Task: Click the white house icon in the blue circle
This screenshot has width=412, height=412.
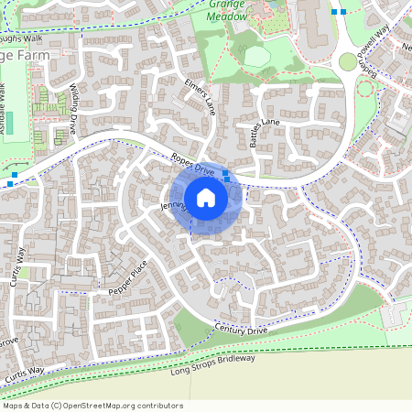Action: (x=206, y=197)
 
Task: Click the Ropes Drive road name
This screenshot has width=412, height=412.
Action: (x=191, y=166)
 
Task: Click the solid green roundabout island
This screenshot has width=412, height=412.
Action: (x=348, y=62)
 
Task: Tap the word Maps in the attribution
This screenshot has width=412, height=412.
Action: (x=14, y=406)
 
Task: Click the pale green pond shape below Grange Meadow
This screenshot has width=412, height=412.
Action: (x=257, y=57)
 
